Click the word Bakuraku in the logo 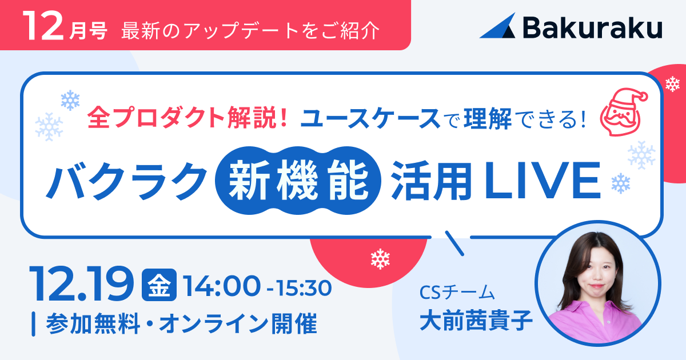[592, 27]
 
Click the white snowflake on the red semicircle [380, 259]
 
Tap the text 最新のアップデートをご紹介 [250, 30]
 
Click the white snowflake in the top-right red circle [672, 85]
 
